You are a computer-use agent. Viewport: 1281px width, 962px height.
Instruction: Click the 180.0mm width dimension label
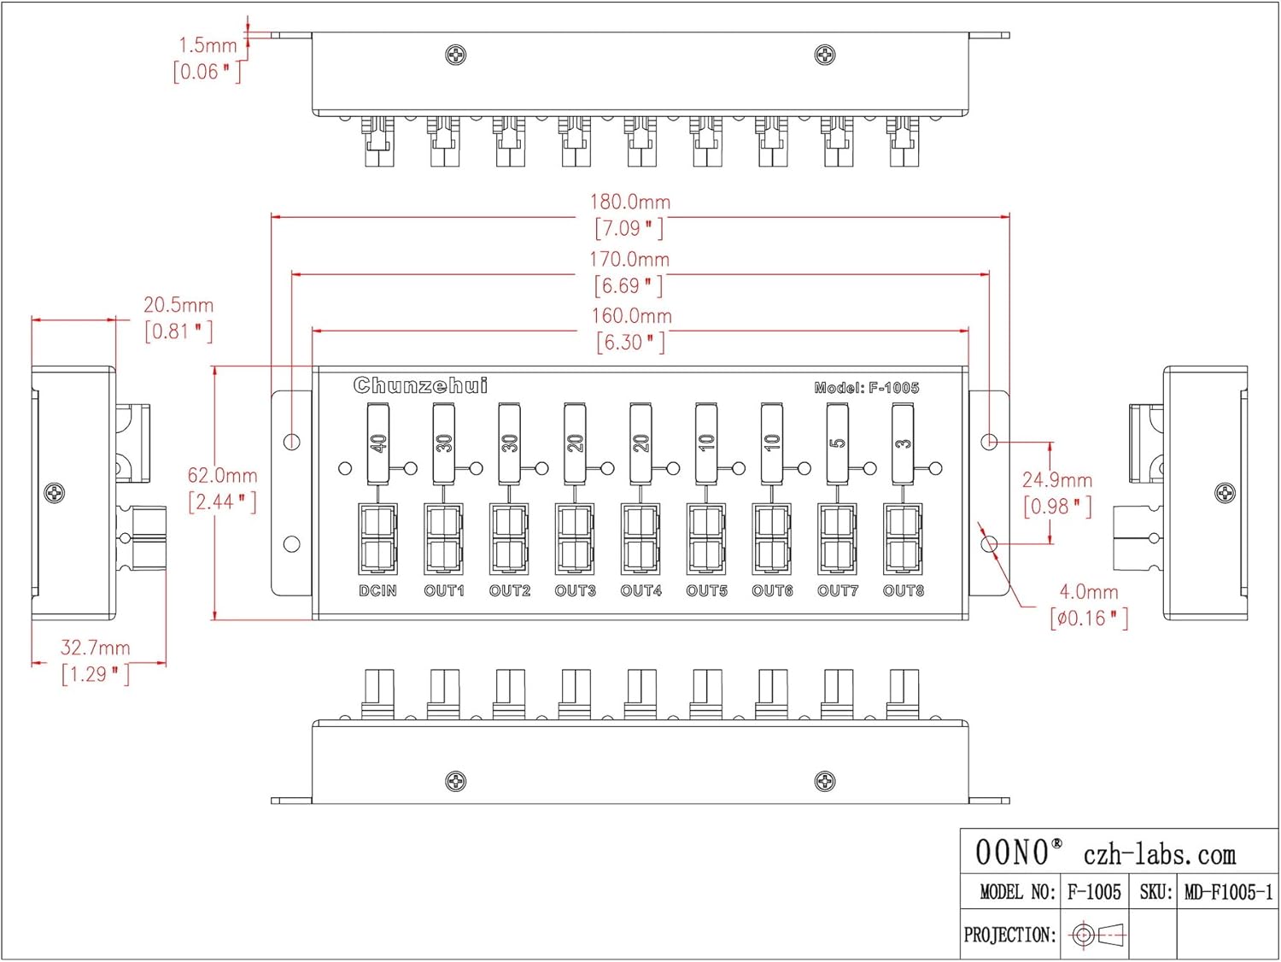(x=630, y=202)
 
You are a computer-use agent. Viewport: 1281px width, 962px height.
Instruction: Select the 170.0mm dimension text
(x=629, y=260)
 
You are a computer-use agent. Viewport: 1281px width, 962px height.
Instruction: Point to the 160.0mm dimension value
(x=631, y=316)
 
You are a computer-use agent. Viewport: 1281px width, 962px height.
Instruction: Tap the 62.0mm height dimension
(x=222, y=476)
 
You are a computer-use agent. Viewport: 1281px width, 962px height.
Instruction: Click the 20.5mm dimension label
(x=178, y=305)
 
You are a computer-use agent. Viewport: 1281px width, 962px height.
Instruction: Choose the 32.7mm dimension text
(x=95, y=648)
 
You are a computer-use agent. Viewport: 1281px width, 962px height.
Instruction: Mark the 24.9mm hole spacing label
(x=1056, y=480)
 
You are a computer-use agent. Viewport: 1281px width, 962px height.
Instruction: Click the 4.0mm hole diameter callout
(x=1088, y=592)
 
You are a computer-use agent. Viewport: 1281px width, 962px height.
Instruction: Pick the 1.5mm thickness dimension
(x=208, y=45)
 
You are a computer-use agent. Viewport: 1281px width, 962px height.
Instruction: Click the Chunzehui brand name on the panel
(x=420, y=386)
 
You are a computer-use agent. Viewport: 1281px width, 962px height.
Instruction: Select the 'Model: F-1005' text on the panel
(x=866, y=388)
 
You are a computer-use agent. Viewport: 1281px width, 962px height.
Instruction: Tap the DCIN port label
(x=377, y=590)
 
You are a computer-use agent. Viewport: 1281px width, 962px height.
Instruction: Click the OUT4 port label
(x=640, y=590)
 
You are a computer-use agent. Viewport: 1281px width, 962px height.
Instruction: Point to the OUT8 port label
(x=903, y=590)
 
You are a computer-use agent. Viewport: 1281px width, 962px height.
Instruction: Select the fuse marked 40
(x=377, y=443)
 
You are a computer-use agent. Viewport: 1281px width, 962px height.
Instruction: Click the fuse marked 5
(x=837, y=443)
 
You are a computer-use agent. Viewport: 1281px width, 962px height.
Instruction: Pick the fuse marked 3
(x=903, y=443)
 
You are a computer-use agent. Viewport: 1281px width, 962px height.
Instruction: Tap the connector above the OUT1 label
(x=443, y=539)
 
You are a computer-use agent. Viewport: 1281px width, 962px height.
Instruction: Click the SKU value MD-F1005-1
(x=1227, y=893)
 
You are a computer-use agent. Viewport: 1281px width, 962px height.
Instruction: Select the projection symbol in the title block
(x=1097, y=935)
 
